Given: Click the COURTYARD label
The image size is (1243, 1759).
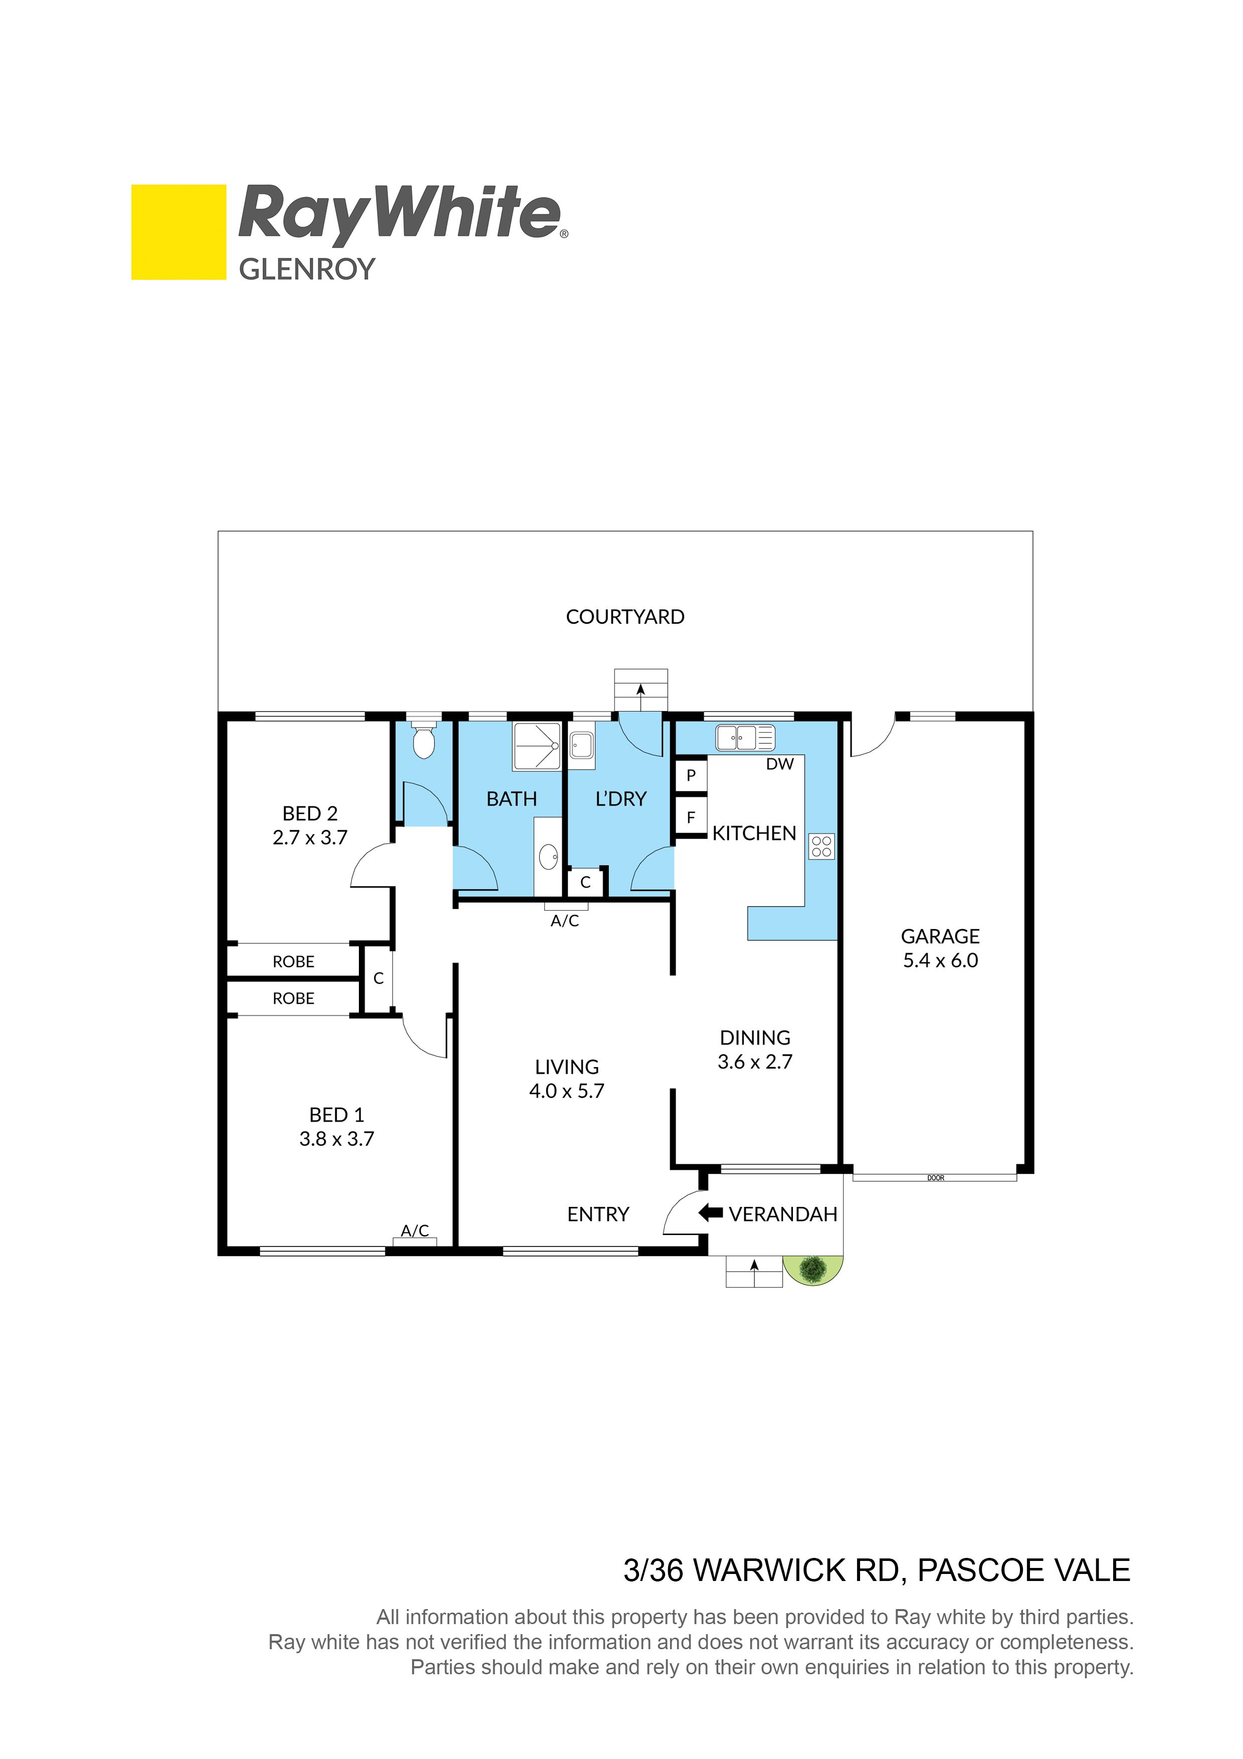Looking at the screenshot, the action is [625, 617].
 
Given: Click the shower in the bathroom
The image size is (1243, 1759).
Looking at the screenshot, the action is [537, 746].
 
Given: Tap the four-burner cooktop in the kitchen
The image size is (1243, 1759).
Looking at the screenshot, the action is [821, 846].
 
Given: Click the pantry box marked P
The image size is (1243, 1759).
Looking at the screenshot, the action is [691, 775].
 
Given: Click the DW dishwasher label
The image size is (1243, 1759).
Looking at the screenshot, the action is [780, 764].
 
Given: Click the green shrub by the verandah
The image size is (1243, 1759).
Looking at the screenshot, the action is [812, 1270].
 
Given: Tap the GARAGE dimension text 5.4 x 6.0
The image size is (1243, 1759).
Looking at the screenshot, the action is [940, 961].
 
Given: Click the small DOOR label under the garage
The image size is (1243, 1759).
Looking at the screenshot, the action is [935, 1177].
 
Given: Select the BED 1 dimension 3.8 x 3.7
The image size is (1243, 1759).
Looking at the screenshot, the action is [337, 1139].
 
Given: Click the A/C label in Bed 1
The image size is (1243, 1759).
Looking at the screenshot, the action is [415, 1230].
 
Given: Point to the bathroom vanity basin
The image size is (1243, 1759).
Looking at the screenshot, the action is [548, 856].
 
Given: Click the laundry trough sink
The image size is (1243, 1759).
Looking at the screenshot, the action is [582, 746].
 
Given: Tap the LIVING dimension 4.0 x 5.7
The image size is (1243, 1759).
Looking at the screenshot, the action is [567, 1091].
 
